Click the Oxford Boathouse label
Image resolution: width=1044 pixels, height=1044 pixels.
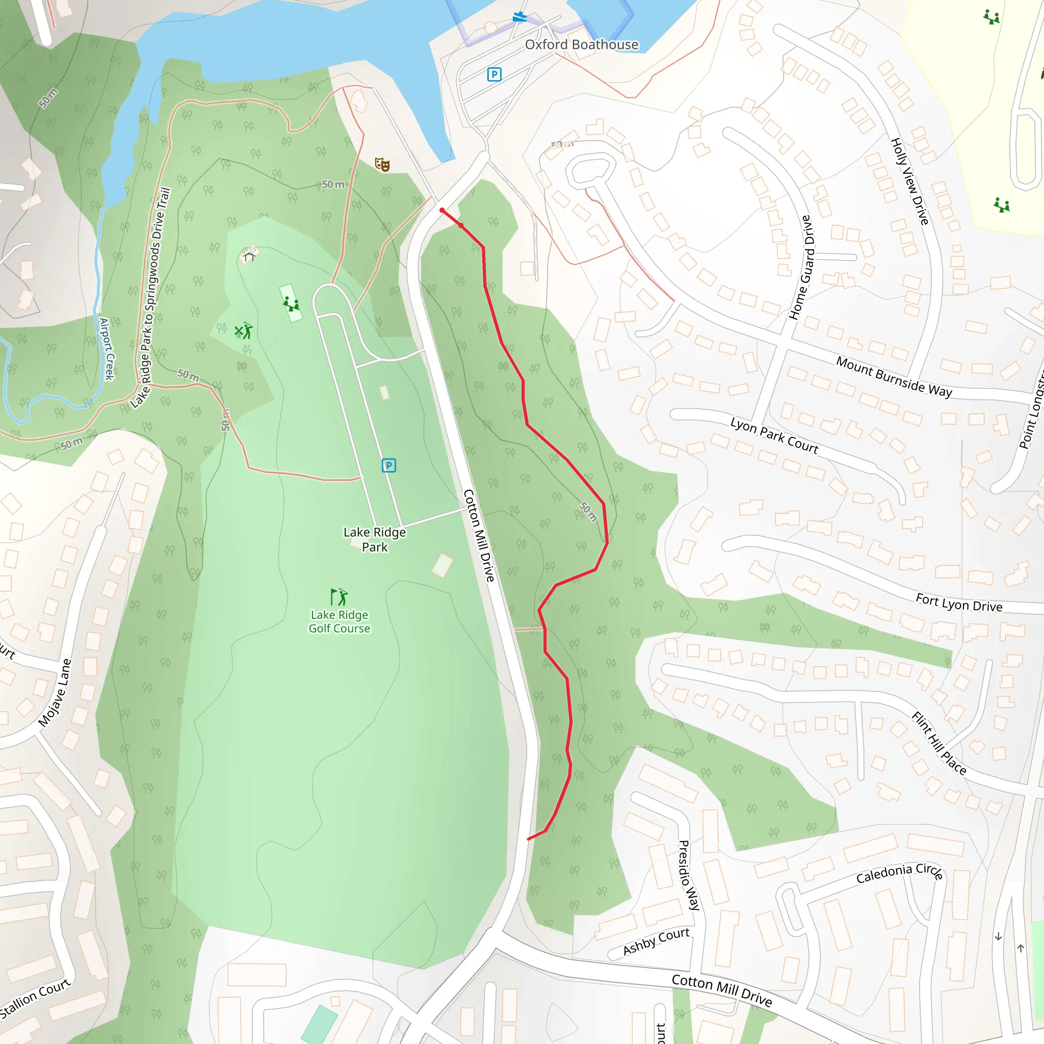pos(582,45)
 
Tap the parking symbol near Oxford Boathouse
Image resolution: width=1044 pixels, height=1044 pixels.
pos(494,74)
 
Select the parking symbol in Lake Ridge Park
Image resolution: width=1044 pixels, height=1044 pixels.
pos(388,465)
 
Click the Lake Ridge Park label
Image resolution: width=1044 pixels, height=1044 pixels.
pos(375,539)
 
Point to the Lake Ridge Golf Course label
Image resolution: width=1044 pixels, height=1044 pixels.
pos(340,621)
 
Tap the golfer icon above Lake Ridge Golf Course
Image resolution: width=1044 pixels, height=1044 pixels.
pos(339,597)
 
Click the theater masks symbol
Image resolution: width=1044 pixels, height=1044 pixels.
pos(382,164)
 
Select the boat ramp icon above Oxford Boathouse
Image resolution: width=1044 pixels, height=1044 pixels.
pos(520,17)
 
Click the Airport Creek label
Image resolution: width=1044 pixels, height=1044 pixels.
pos(107,349)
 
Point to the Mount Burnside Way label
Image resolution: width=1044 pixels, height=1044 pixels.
pos(894,377)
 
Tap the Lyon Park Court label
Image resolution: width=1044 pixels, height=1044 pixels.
pos(774,435)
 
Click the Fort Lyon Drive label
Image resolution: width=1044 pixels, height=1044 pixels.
pos(959,603)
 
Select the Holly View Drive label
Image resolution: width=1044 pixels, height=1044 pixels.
pos(909,181)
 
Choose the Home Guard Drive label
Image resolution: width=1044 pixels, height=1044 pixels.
pos(801,268)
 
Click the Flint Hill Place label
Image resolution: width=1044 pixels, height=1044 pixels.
pos(938,744)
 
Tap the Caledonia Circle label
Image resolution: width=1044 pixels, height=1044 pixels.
pos(900,873)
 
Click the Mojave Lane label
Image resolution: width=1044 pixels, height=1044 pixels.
pos(55,693)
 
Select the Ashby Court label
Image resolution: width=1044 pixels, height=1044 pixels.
pos(656,941)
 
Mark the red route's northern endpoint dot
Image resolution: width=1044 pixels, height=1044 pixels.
pos(442,210)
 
